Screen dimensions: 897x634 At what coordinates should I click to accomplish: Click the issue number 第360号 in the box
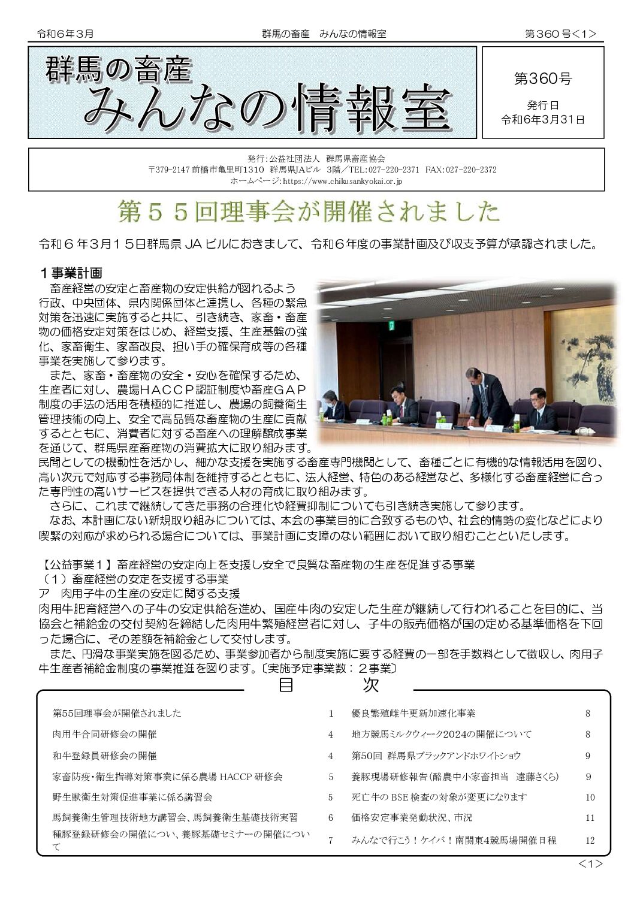[542, 78]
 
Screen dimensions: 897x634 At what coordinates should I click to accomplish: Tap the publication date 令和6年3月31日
[542, 119]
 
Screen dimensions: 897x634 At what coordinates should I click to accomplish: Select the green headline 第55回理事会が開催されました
[309, 212]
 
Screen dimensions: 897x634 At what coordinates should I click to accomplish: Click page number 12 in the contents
[590, 840]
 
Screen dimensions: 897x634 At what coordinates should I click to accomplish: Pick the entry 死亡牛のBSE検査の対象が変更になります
[439, 797]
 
